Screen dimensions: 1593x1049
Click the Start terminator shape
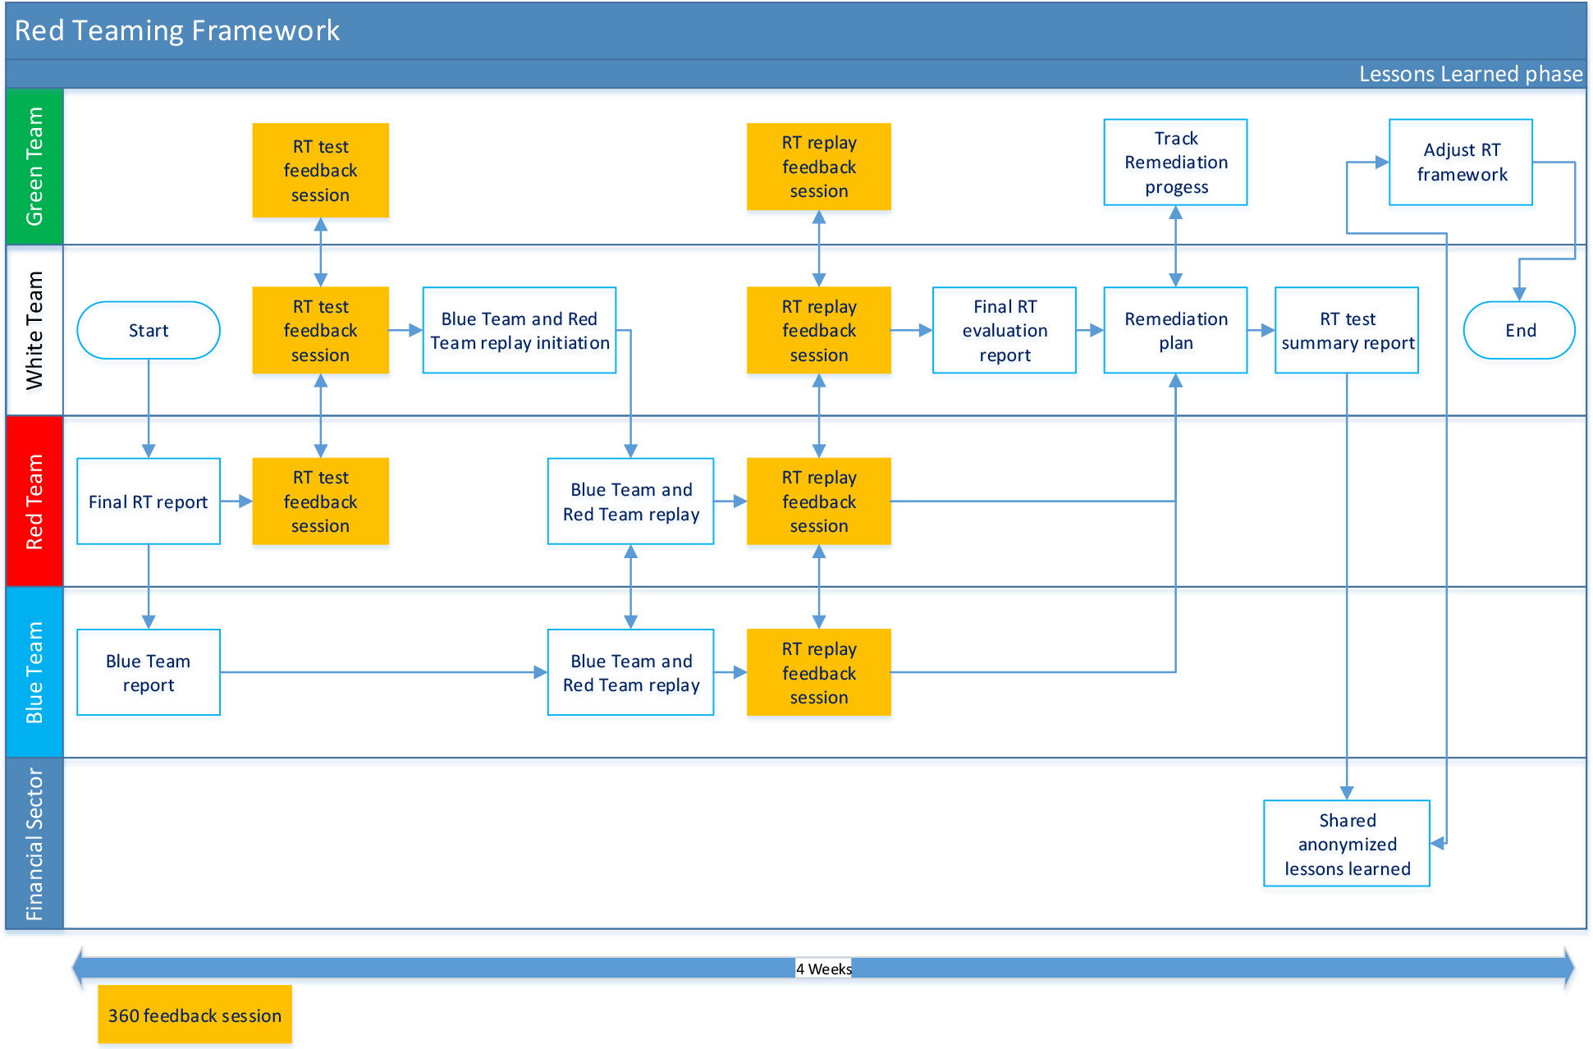pyautogui.click(x=149, y=330)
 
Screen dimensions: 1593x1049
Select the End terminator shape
pyautogui.click(x=1519, y=330)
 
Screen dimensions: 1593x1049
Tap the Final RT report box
pyautogui.click(x=149, y=501)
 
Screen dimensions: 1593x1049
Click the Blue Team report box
pyautogui.click(x=149, y=672)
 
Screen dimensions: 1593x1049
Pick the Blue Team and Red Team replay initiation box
pyautogui.click(x=520, y=330)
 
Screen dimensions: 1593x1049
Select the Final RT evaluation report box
pyautogui.click(x=1005, y=330)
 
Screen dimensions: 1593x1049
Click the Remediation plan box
pyautogui.click(x=1175, y=330)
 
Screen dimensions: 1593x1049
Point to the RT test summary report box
pyautogui.click(x=1347, y=330)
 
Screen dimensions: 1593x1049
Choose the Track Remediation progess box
pyautogui.click(x=1175, y=163)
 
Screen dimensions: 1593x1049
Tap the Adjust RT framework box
pyautogui.click(x=1461, y=163)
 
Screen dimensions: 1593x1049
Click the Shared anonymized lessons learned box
pyautogui.click(x=1347, y=844)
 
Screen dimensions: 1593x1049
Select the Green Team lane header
pyautogui.click(x=34, y=167)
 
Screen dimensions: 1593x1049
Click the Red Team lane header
pyautogui.click(x=34, y=501)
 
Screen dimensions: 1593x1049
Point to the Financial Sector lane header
pyautogui.click(x=34, y=844)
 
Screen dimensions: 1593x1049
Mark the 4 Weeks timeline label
pyautogui.click(x=824, y=969)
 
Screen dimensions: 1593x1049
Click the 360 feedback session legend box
pyautogui.click(x=195, y=1015)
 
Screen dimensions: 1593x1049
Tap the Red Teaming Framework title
pyautogui.click(x=177, y=30)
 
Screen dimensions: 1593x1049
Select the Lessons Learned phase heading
pyautogui.click(x=1471, y=74)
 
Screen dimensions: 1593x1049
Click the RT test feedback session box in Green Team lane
pyautogui.click(x=320, y=170)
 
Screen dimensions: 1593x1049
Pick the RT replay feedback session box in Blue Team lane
pyautogui.click(x=819, y=672)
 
